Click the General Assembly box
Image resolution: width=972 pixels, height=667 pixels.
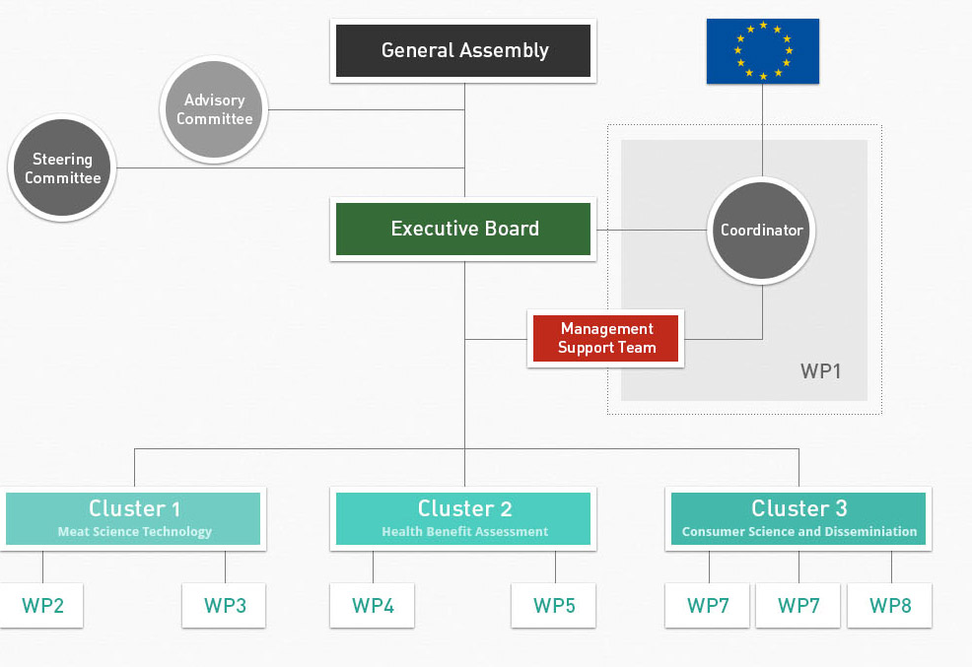pos(463,50)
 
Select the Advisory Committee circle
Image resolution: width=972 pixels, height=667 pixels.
pos(214,109)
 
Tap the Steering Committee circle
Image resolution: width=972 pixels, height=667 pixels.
pos(62,168)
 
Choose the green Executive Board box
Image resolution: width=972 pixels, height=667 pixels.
pos(463,229)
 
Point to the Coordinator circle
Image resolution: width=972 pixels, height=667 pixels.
pos(761,231)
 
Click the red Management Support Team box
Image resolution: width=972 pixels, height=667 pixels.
pos(605,338)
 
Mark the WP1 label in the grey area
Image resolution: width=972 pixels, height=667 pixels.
pos(820,371)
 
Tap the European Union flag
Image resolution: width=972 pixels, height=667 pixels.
pos(762,51)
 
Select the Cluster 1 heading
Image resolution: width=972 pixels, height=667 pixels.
pos(134,508)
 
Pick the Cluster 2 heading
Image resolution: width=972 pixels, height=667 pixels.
pos(464,508)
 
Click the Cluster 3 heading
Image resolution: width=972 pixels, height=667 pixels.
pos(798,508)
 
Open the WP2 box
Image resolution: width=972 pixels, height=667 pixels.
pos(42,606)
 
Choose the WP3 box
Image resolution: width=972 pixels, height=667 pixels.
pos(225,606)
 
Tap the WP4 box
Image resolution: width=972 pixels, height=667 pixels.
pos(373,606)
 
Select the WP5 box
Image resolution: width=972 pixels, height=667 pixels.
pos(554,606)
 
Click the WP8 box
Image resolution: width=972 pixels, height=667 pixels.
pos(890,606)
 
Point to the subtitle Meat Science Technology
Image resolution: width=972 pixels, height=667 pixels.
pos(134,532)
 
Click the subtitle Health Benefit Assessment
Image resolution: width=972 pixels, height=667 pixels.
pos(464,532)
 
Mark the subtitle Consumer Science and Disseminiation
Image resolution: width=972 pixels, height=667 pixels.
pos(798,532)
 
